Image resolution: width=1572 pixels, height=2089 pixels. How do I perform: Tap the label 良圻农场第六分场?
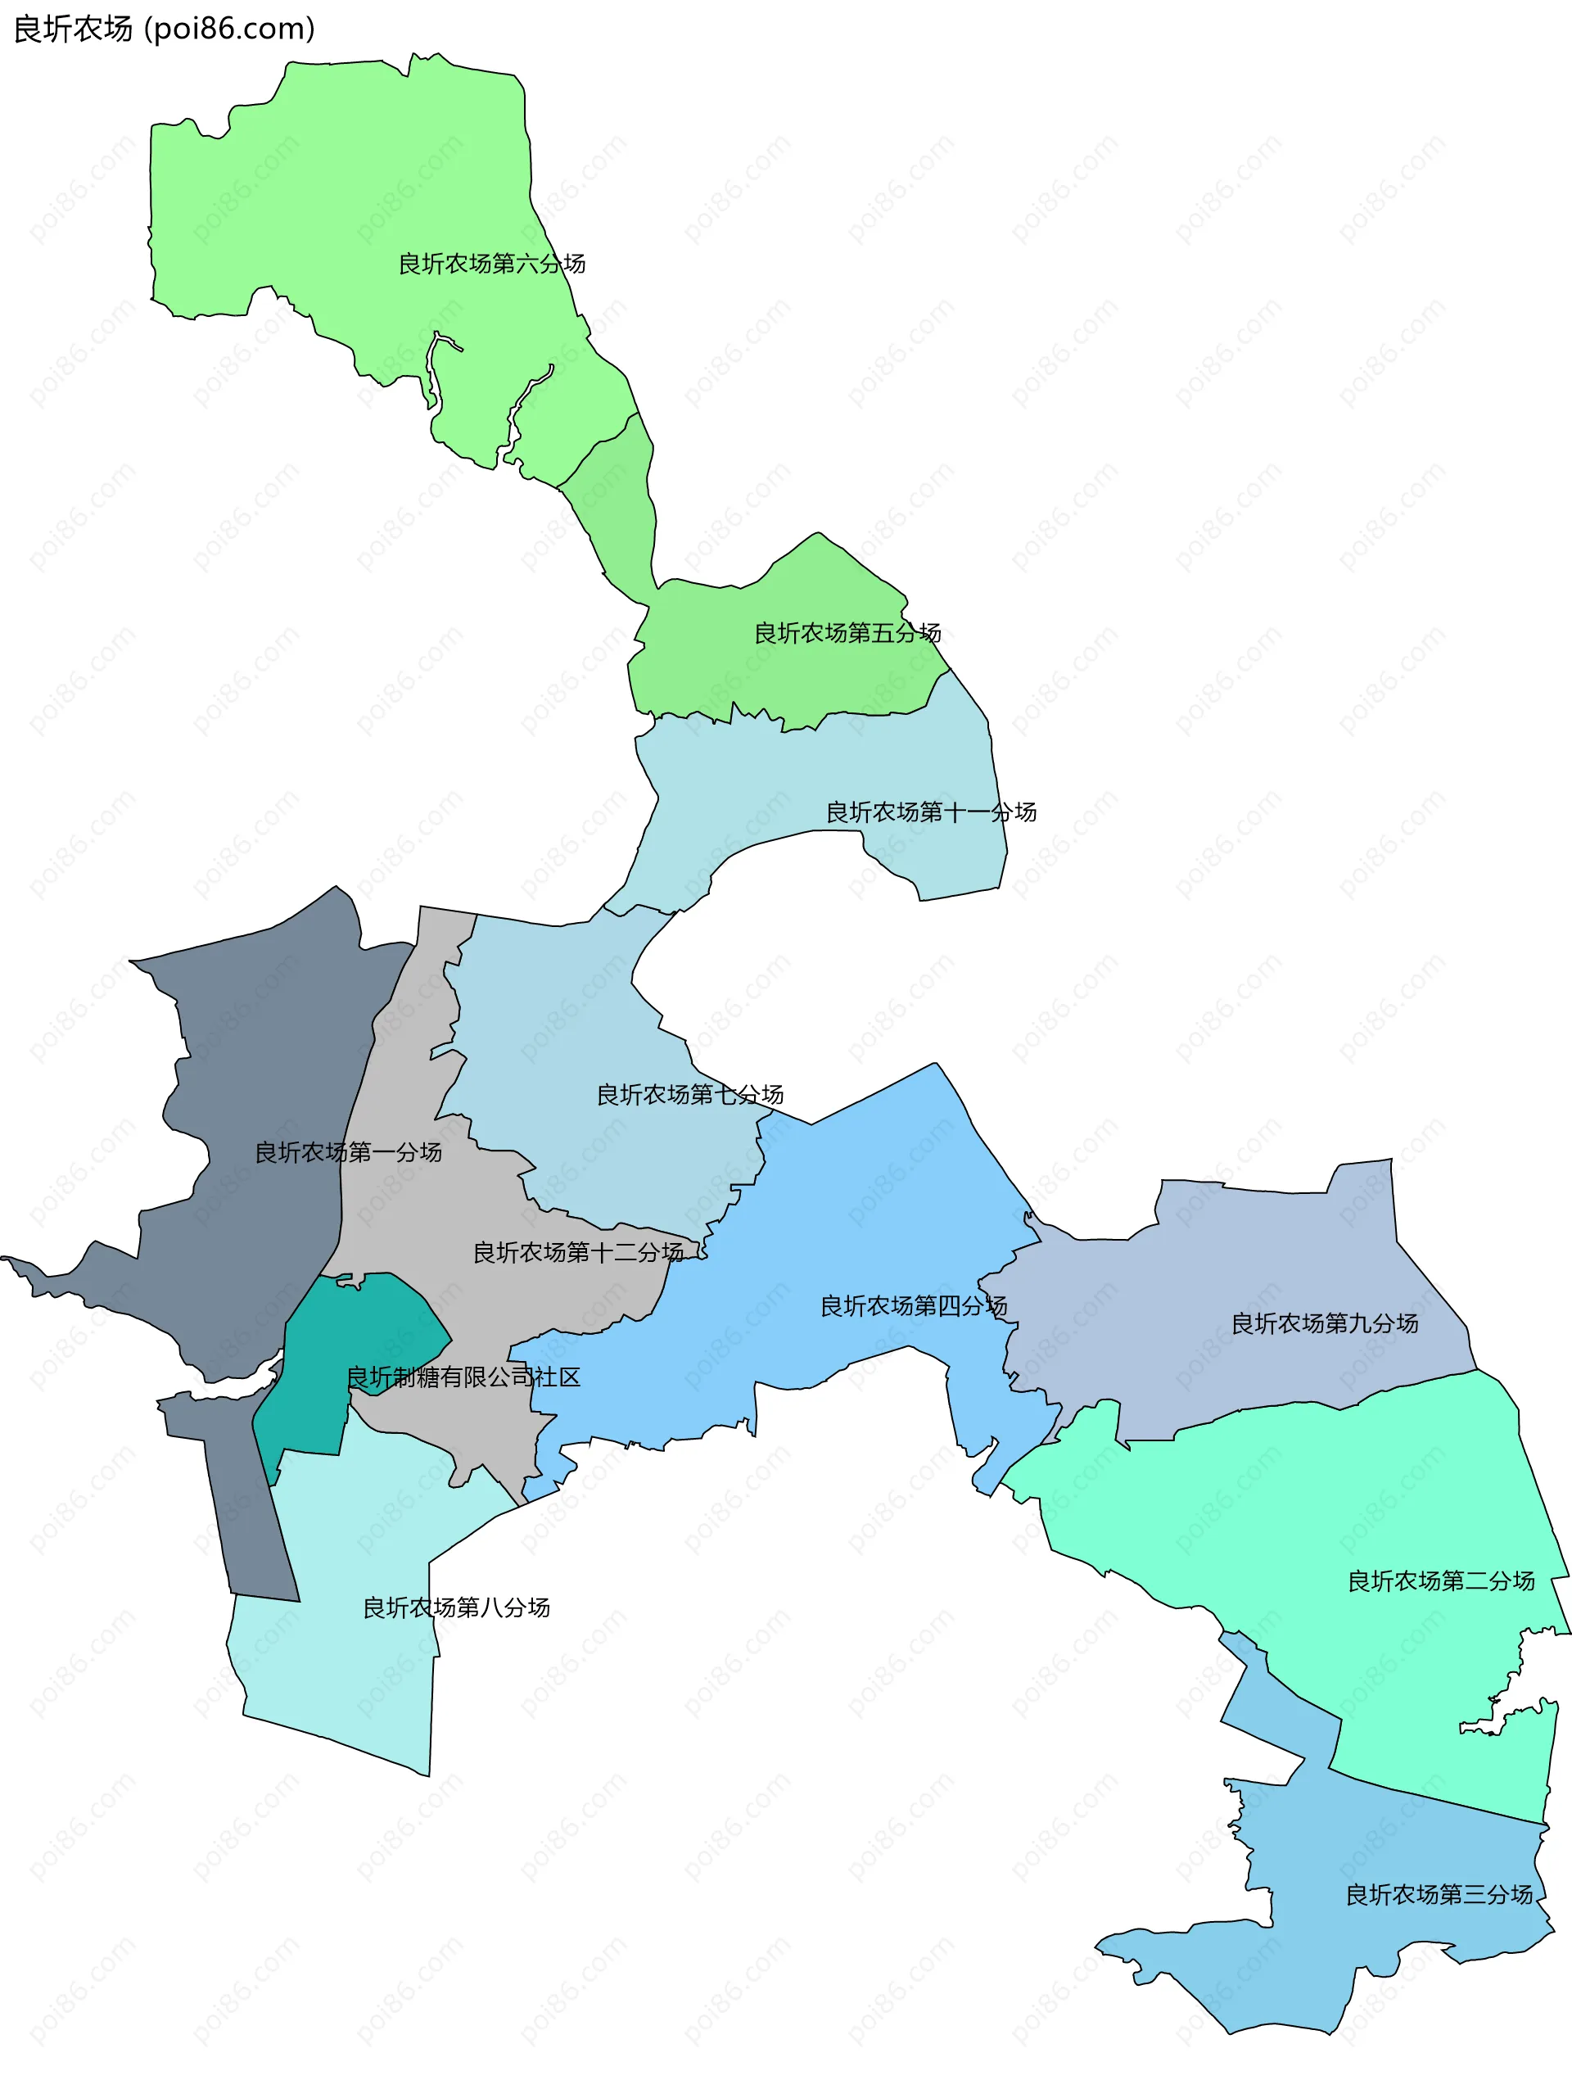[491, 264]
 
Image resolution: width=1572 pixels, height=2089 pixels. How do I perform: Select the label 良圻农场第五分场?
[847, 633]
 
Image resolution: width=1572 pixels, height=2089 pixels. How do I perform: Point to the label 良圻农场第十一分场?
[931, 812]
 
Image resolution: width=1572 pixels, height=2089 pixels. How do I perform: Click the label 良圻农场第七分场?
[689, 1095]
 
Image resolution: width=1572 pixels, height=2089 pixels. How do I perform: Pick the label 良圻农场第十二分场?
[578, 1252]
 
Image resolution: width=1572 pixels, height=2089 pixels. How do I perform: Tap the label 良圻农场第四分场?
[913, 1306]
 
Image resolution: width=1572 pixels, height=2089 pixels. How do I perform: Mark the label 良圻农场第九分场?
[1324, 1323]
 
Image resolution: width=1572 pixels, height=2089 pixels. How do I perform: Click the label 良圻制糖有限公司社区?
[463, 1377]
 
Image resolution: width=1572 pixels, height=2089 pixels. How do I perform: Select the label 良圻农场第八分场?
[456, 1607]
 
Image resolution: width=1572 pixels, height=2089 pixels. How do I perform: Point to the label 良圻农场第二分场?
[1440, 1581]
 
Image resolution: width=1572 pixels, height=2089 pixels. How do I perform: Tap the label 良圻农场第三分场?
[1438, 1894]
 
